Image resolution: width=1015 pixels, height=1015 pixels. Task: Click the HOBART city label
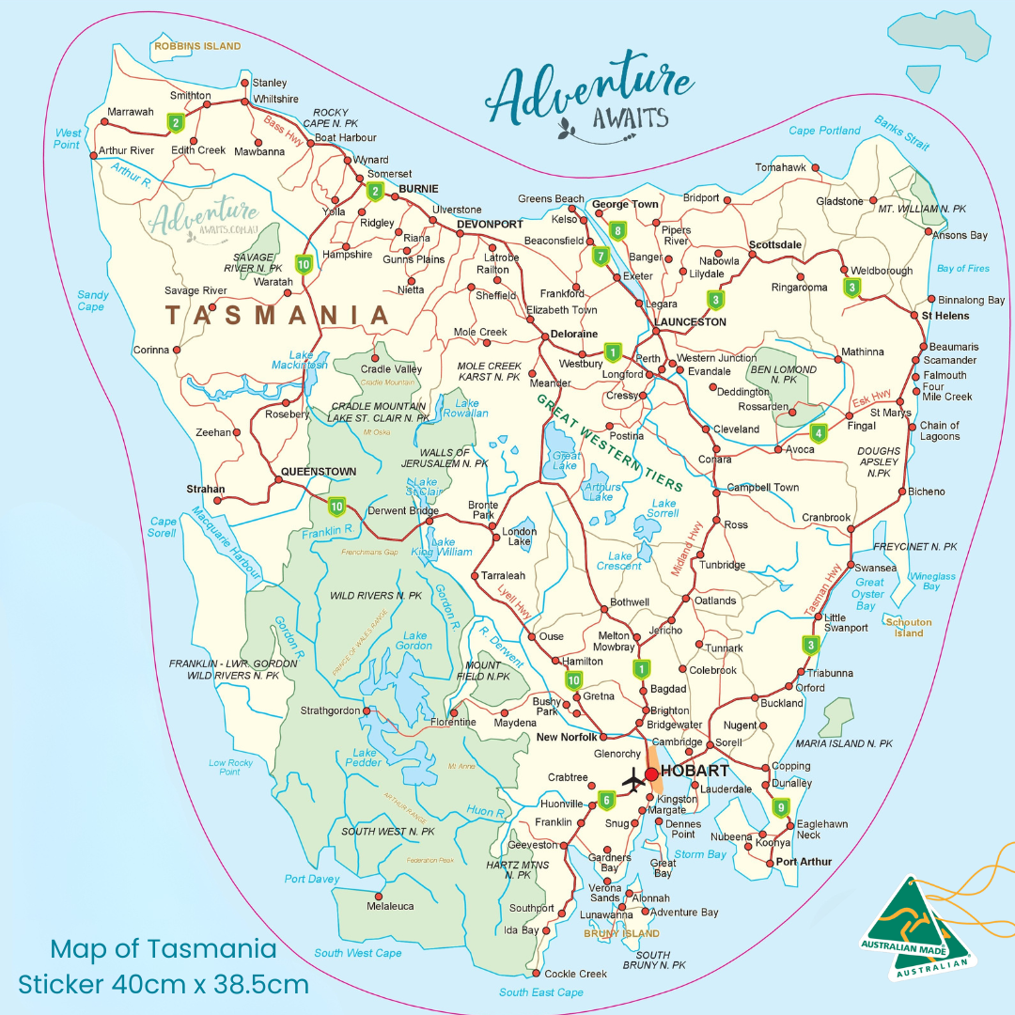coord(695,771)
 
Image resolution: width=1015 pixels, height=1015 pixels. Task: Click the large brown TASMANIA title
coord(277,316)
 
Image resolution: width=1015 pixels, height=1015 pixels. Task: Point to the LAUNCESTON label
coord(690,321)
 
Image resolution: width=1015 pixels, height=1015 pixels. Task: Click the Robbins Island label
coord(197,46)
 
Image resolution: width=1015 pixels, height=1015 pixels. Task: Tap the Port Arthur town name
coord(804,862)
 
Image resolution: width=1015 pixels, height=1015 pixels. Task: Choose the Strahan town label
coord(206,489)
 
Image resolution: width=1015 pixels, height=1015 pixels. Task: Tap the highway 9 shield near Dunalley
coord(780,807)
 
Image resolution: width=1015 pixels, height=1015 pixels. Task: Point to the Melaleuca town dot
coord(379,896)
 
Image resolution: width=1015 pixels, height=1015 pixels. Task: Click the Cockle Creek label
coord(576,974)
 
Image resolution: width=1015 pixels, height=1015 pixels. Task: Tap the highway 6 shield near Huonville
coord(606,801)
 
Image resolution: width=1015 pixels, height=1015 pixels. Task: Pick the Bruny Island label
coord(621,933)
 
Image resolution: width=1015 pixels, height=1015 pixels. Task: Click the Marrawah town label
coord(130,112)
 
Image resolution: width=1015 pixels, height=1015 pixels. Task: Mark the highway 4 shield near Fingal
coord(819,433)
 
